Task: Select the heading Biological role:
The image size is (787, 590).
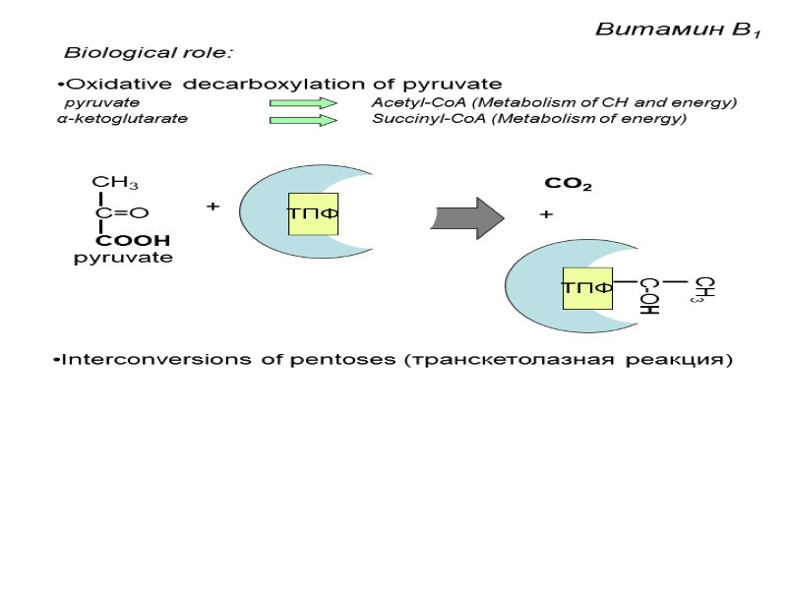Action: (149, 51)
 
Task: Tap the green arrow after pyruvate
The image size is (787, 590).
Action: (303, 103)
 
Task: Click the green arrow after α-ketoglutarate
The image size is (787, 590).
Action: (303, 120)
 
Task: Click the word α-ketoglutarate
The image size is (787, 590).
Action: (122, 120)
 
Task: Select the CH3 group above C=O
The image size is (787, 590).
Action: (114, 183)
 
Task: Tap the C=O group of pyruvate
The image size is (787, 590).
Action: (121, 212)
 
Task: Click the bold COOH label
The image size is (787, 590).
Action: (133, 240)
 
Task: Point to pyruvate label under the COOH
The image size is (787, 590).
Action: (123, 258)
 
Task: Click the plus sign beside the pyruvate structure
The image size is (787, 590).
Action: (211, 207)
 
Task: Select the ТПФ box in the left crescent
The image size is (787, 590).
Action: (313, 213)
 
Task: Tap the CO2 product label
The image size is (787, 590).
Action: (568, 184)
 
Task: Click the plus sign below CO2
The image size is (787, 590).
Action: (547, 214)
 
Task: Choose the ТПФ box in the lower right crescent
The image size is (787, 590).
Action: (587, 287)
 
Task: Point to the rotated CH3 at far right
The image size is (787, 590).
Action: (704, 289)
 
